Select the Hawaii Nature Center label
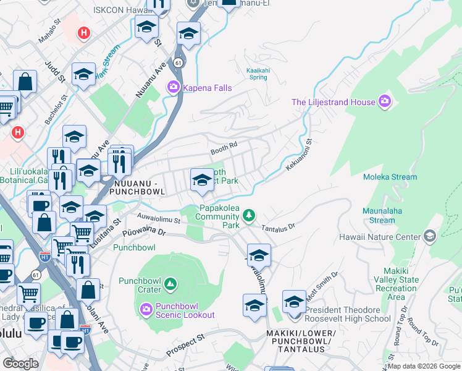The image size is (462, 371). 379,236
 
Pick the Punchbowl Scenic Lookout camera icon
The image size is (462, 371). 146,308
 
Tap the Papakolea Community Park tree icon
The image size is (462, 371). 249,215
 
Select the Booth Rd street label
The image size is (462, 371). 224,147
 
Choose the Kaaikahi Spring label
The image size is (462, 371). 256,74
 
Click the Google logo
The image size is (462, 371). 21,363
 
